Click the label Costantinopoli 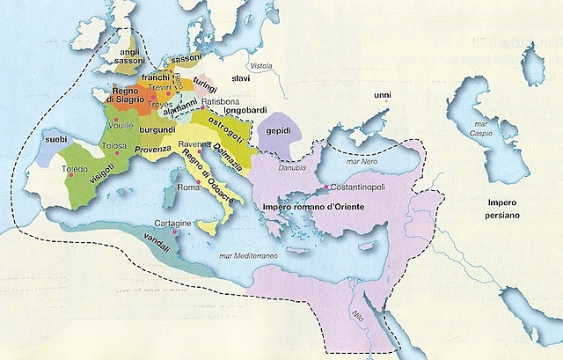click(x=358, y=187)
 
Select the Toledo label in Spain click(x=75, y=167)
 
